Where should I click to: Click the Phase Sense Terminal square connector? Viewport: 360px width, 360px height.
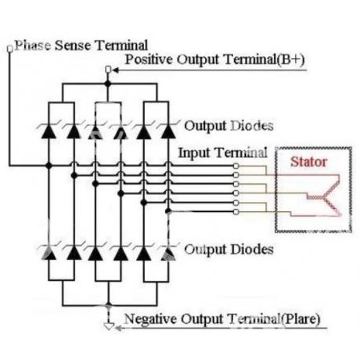[x=9, y=49]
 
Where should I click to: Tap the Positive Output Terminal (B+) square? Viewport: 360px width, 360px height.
[x=108, y=70]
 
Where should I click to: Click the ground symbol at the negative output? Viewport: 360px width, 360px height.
[x=109, y=326]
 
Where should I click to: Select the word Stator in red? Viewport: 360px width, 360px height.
[x=308, y=162]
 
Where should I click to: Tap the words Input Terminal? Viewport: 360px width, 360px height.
[x=223, y=153]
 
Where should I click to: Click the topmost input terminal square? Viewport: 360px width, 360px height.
[x=236, y=166]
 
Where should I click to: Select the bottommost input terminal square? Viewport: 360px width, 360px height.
[x=236, y=211]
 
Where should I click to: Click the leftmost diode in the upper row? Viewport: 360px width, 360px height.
[x=49, y=131]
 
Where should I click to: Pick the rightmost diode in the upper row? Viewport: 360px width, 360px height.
[x=168, y=131]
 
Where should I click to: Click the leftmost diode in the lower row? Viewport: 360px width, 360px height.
[x=49, y=253]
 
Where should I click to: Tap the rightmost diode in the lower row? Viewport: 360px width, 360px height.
[x=168, y=254]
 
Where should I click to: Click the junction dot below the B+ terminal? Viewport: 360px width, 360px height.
[x=108, y=84]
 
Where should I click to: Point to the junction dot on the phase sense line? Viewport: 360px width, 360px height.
[x=49, y=165]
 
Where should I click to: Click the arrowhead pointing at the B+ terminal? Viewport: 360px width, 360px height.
[x=116, y=70]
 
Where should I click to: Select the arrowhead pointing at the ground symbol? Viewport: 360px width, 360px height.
[x=118, y=328]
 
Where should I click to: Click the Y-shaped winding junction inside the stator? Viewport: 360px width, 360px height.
[x=324, y=197]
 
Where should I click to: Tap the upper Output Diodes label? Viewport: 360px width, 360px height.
[x=229, y=126]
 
